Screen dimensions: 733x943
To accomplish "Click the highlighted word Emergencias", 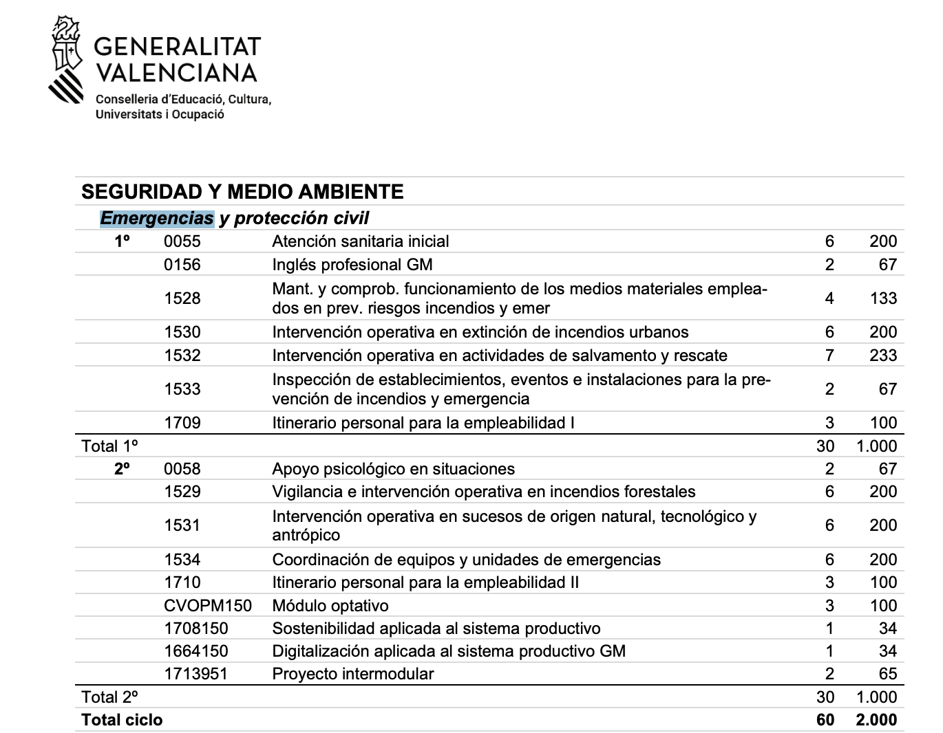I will (x=157, y=218).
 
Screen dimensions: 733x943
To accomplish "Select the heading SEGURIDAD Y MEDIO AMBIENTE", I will (x=242, y=191).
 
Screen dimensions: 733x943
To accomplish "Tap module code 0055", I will (x=182, y=241).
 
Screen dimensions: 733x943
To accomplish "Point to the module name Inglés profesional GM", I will (x=352, y=265).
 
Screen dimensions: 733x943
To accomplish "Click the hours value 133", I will (x=883, y=298).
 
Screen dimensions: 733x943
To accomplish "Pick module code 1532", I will (x=182, y=355).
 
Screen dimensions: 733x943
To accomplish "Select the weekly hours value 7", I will (x=829, y=355).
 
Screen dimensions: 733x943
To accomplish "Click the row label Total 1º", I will (x=109, y=446).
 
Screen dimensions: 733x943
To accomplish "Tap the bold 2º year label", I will (x=122, y=469).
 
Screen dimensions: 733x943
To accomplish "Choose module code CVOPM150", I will (x=208, y=606).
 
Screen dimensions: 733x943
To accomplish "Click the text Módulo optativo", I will (x=330, y=606).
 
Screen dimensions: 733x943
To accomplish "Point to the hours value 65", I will (x=888, y=674).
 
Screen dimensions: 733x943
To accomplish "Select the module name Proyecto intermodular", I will (x=353, y=674).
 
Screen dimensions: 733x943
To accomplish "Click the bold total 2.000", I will (x=876, y=720).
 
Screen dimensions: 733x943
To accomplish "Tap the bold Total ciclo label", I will (x=122, y=720).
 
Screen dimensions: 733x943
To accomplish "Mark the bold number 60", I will (x=825, y=720).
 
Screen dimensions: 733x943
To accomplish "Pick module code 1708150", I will (x=195, y=628).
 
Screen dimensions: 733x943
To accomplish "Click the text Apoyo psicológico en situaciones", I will (x=393, y=469).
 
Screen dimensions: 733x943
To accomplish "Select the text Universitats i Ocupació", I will (x=160, y=115).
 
